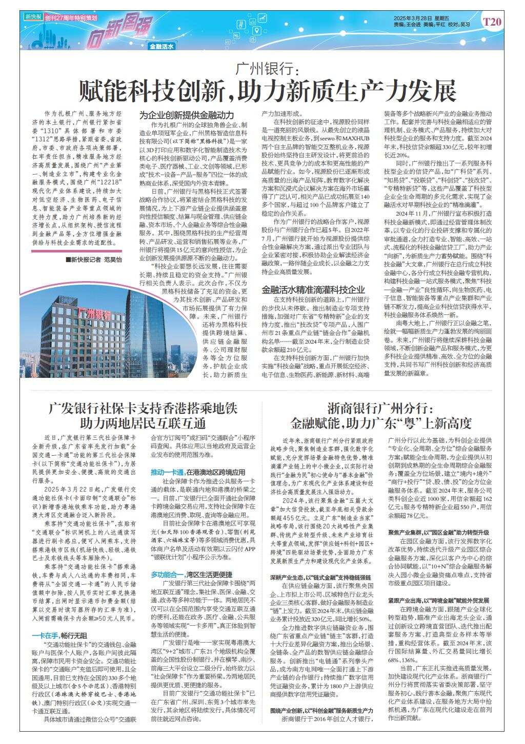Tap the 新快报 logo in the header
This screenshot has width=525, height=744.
(32, 16)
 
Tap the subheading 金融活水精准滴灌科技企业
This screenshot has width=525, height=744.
(313, 290)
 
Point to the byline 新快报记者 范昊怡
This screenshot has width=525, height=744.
(95, 261)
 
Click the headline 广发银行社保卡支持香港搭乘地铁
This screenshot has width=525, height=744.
(142, 409)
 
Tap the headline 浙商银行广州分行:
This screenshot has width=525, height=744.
(380, 409)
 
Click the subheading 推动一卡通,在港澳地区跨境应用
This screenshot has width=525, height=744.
(197, 472)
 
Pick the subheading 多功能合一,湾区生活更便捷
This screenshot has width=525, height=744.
(191, 575)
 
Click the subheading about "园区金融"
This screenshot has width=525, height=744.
(438, 533)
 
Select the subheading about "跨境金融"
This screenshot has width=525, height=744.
(438, 600)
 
